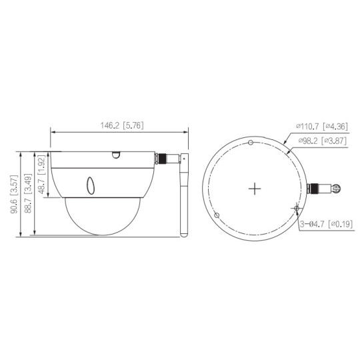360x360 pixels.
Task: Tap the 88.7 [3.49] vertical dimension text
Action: [x=27, y=193]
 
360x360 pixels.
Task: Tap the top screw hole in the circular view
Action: [x=249, y=142]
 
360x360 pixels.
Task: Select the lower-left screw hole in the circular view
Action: [x=218, y=215]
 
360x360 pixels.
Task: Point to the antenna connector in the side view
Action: [x=164, y=159]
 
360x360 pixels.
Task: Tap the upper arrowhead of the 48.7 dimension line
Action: [x=47, y=152]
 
